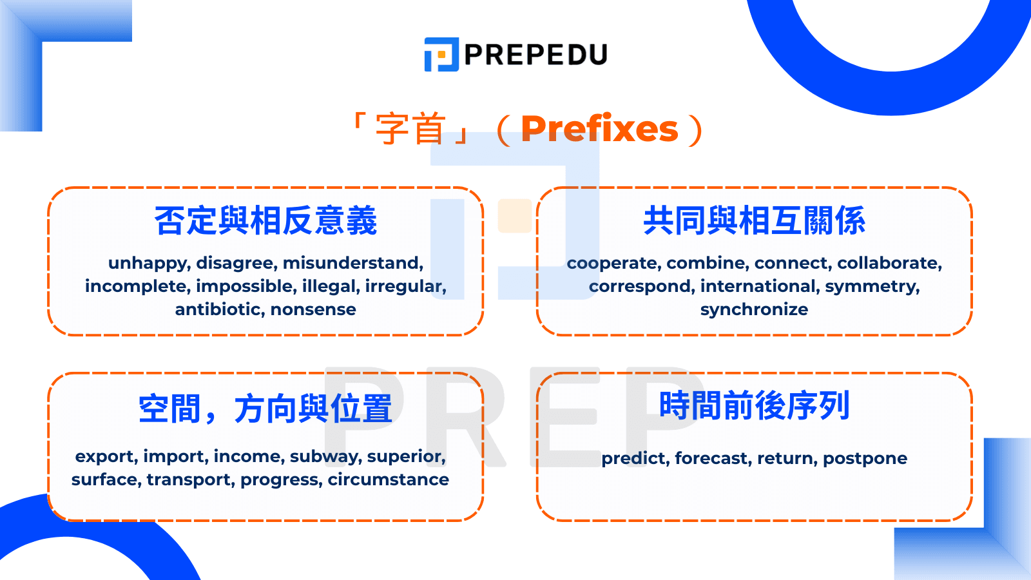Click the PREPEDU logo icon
[x=441, y=54]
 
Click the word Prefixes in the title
[x=599, y=129]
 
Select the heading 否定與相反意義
[x=265, y=221]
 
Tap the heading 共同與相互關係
[x=754, y=221]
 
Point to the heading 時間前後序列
[x=754, y=406]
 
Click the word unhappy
[x=148, y=263]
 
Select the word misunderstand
[x=352, y=263]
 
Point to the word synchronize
[x=754, y=309]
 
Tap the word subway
[x=325, y=456]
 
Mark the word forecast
[x=713, y=458]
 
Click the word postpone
[x=865, y=458]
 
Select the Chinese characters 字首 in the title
[x=410, y=129]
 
